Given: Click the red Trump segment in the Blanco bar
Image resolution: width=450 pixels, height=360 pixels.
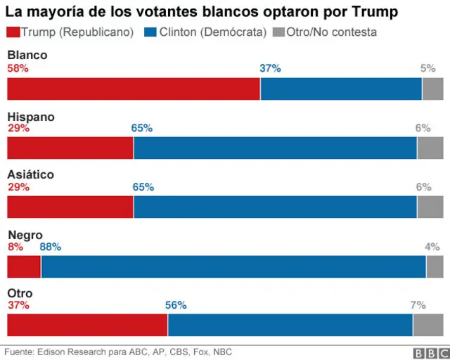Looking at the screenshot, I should point(134,89).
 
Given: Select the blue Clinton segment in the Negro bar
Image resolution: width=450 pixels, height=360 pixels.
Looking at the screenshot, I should point(233,267).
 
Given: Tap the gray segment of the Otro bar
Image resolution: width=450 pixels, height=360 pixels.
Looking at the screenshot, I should point(427,326).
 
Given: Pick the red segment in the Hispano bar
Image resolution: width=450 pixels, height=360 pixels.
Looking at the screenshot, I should point(70,148).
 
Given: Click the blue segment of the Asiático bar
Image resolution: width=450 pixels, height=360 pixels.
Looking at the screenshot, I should point(275,207).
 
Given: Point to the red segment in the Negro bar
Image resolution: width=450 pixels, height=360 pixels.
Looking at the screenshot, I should point(24,267).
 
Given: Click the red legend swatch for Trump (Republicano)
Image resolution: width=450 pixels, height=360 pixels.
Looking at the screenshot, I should point(13,32).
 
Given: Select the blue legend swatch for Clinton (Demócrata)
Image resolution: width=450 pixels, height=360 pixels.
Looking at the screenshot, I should point(150,32).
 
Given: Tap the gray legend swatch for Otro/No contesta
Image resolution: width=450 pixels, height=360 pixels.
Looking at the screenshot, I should point(278,32).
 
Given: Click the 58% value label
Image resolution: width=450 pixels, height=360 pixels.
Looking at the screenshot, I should point(18,68).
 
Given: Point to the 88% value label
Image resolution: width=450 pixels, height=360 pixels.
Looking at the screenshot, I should point(50,247).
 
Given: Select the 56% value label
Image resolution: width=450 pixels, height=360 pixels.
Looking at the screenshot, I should point(176,305).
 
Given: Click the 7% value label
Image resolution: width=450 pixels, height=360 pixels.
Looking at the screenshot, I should point(418,305).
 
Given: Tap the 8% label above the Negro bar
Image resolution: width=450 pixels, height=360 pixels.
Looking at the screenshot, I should point(15,247).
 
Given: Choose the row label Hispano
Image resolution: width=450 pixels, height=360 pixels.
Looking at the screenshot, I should point(30,117).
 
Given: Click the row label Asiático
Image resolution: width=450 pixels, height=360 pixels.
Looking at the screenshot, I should point(30,175).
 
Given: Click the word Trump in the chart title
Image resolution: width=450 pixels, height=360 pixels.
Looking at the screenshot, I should point(375,12).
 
